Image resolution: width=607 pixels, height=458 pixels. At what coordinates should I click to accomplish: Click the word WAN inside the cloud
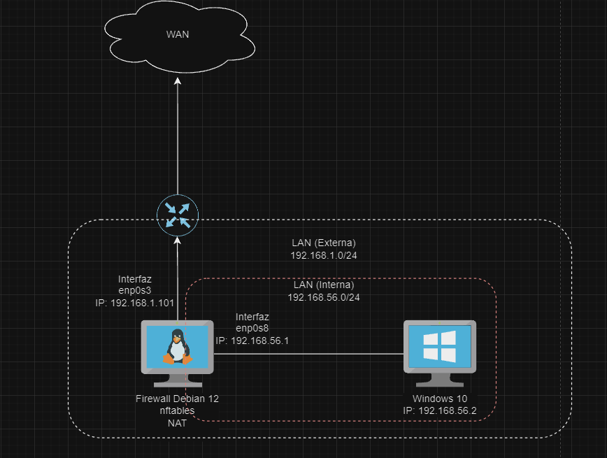pos(177,34)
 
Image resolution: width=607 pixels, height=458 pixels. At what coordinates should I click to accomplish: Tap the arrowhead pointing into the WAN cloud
pos(177,82)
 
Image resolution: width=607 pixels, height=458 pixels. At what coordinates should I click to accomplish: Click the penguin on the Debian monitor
pos(178,348)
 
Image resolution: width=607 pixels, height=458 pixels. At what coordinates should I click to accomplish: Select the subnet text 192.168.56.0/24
pos(323,297)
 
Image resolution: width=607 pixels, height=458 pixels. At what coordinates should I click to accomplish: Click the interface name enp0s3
pos(135,291)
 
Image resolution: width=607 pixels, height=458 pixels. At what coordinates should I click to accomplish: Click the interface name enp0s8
pos(252,328)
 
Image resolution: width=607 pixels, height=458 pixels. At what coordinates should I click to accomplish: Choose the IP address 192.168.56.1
pos(252,340)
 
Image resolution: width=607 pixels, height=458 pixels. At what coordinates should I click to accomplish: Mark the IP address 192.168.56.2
pos(440,410)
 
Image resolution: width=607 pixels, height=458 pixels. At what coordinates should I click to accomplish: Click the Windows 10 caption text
pos(440,399)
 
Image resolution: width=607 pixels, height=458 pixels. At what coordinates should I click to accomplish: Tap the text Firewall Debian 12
pos(177,399)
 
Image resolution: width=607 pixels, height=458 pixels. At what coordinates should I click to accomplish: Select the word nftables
pos(177,410)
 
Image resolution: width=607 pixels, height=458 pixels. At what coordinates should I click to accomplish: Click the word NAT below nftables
pos(177,422)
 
